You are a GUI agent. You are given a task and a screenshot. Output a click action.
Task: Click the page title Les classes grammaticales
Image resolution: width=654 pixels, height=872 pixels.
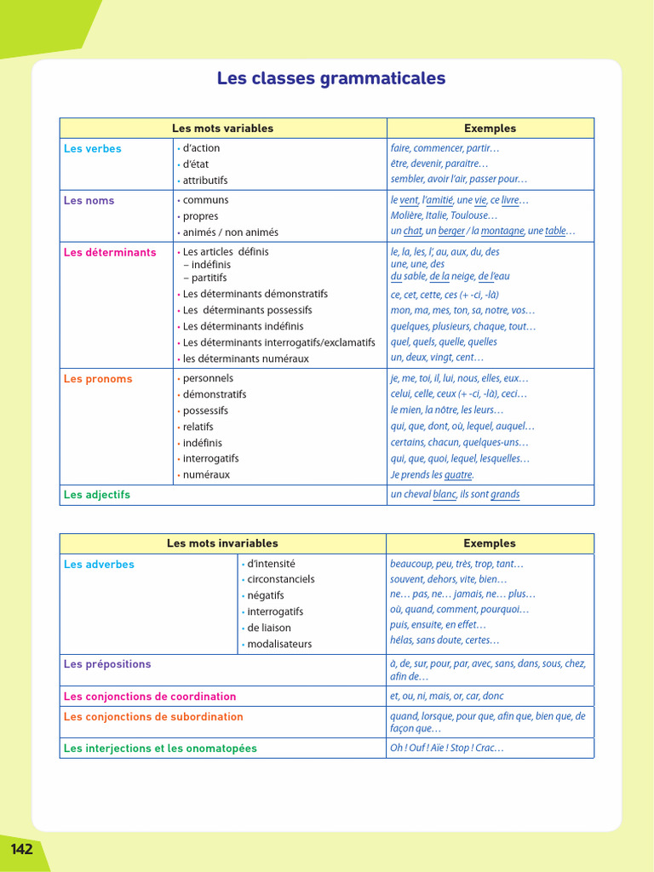tap(330, 79)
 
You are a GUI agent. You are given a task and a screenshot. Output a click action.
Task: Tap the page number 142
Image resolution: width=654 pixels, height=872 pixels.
tap(21, 849)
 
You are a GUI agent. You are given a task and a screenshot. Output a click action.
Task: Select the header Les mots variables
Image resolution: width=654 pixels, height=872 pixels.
tap(222, 129)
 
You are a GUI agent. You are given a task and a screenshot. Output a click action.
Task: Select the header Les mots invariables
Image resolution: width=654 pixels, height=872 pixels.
tap(222, 543)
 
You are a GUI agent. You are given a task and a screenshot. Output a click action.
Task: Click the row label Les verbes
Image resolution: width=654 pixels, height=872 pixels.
tap(93, 149)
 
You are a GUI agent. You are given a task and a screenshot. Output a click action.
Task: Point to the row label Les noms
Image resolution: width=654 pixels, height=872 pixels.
tap(89, 201)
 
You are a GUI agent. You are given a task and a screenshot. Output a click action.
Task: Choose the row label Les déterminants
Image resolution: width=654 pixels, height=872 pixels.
tap(110, 253)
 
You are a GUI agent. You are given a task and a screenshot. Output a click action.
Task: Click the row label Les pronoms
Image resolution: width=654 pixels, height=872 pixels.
tap(98, 379)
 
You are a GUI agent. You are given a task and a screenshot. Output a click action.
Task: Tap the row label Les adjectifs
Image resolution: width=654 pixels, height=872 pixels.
tap(97, 495)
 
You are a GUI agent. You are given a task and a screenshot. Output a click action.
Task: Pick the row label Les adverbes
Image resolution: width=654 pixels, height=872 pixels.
tap(99, 565)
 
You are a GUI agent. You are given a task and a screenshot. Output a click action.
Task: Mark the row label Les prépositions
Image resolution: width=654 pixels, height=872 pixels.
tap(107, 664)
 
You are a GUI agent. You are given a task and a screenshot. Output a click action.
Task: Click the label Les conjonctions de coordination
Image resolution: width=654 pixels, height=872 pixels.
tap(150, 697)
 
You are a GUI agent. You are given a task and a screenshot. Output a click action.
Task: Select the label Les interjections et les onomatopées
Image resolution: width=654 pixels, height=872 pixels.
tap(160, 749)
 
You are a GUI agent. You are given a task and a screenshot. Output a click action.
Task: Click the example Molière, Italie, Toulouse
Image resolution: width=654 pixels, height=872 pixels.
tap(444, 216)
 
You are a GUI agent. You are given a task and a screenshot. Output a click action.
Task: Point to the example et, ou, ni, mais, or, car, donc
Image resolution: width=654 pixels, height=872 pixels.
tap(447, 697)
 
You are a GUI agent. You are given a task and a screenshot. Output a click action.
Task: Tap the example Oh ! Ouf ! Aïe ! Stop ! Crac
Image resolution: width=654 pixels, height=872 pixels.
tap(447, 749)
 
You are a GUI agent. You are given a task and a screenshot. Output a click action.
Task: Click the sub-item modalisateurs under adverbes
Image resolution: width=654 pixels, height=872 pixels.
tap(279, 645)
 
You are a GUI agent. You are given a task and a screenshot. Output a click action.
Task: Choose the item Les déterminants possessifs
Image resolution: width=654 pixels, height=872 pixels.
tap(247, 311)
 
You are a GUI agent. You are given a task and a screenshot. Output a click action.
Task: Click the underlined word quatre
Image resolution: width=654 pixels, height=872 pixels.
tap(458, 475)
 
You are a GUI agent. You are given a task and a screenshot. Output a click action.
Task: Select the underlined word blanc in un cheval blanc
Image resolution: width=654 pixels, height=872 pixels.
tap(445, 495)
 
